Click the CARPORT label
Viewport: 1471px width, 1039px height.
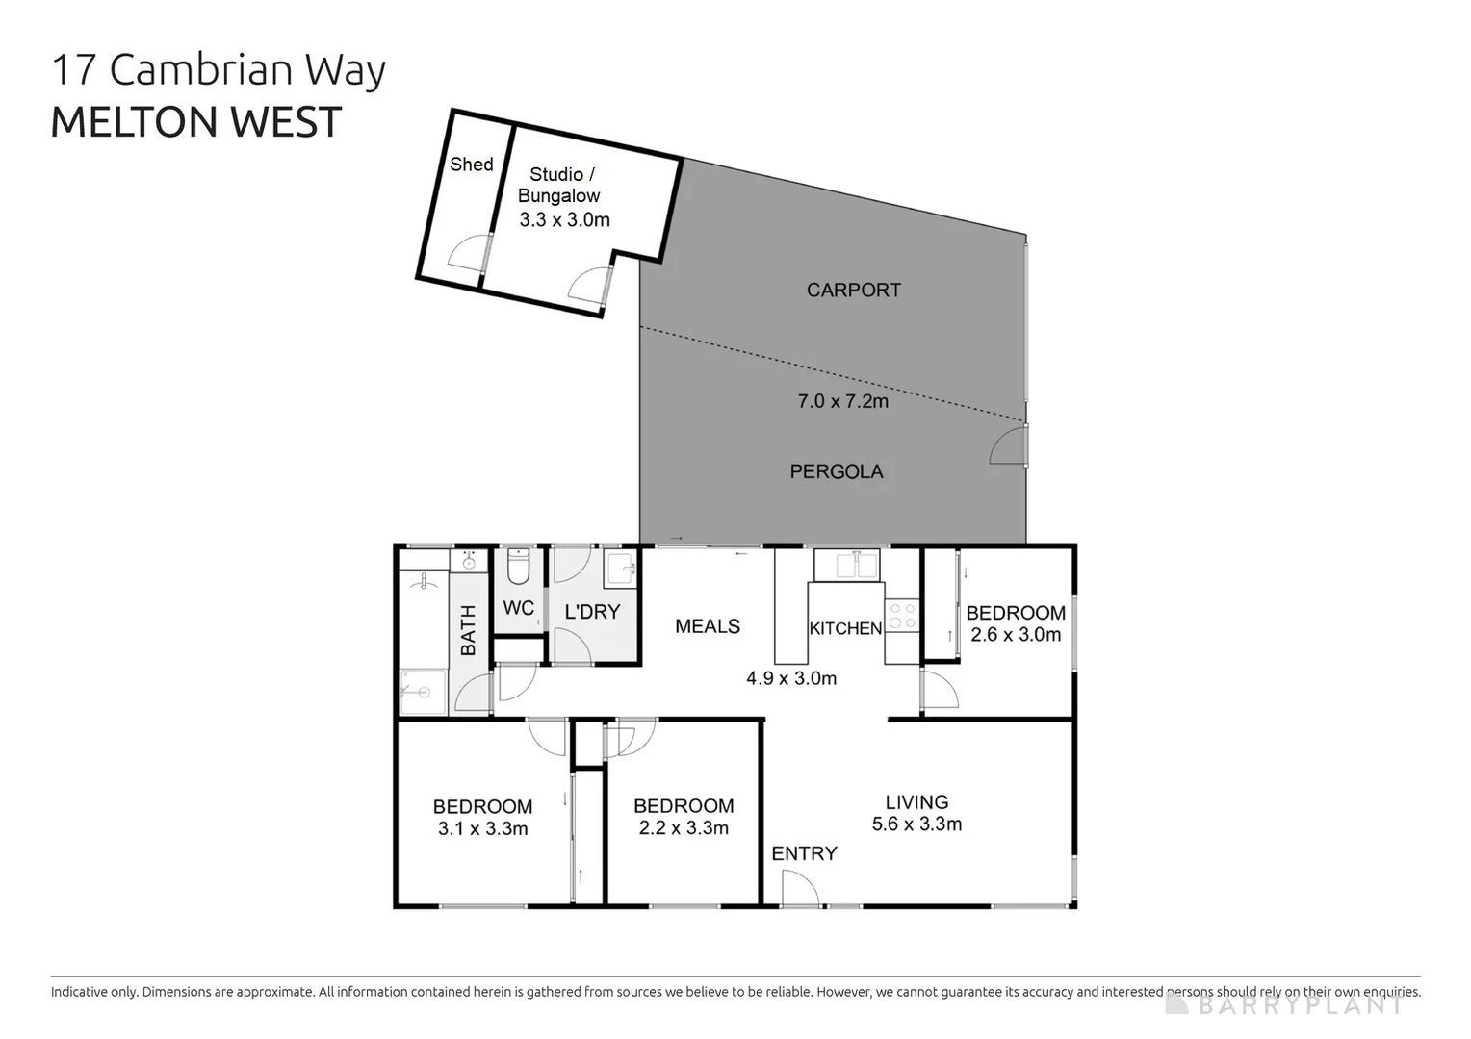coord(853,290)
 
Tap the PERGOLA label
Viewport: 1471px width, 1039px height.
coord(836,471)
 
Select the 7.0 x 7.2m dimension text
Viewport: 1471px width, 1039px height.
coord(842,401)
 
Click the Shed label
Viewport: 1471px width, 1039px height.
coord(471,165)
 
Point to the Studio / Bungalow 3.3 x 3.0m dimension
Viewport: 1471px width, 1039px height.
coord(564,219)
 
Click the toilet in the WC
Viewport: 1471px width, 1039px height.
coord(518,567)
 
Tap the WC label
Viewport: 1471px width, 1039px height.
coord(518,608)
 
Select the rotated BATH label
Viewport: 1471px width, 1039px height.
coord(468,629)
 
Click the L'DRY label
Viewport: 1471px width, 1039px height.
coord(591,612)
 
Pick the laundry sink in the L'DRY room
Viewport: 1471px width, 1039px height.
coord(620,569)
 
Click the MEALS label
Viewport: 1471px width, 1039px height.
coord(707,626)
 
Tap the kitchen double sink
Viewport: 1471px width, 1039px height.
coord(846,565)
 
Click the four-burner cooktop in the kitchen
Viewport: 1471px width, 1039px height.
coord(902,617)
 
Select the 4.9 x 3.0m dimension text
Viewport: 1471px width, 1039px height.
coord(790,678)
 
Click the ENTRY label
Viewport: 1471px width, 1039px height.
coord(804,853)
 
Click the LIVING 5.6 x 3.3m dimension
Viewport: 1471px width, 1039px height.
coord(916,824)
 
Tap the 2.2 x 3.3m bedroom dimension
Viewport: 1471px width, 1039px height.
coord(684,828)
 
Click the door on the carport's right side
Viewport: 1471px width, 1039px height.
coord(1011,446)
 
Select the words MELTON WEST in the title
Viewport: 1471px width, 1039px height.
coord(196,122)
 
